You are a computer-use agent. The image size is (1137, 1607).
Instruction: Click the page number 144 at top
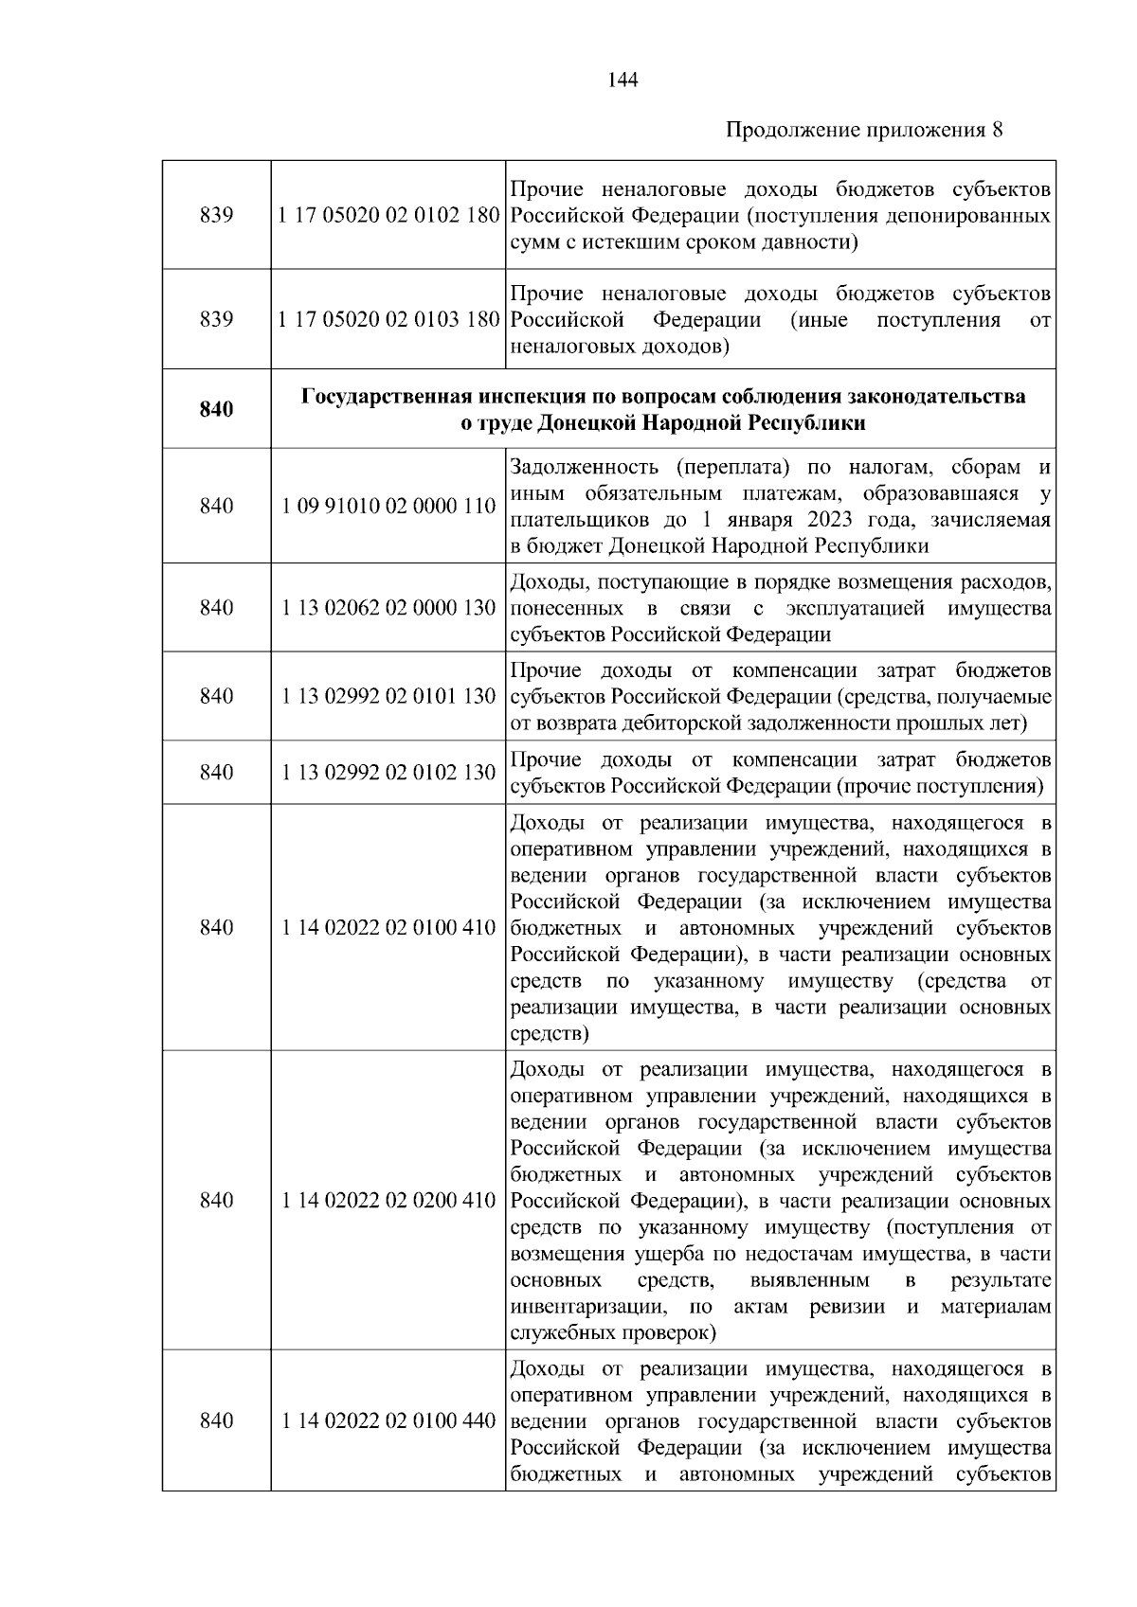[x=622, y=80]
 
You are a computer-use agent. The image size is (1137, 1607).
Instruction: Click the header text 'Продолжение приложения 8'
[x=863, y=130]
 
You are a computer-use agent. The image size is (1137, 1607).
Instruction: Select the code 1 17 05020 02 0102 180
[x=388, y=215]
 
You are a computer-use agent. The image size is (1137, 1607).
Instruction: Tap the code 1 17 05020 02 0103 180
[x=388, y=320]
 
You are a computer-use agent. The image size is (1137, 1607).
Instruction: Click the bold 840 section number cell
[x=216, y=409]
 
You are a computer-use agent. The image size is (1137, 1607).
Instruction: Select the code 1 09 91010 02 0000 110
[x=388, y=506]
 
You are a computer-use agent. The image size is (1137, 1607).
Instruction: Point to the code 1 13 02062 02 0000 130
[x=388, y=607]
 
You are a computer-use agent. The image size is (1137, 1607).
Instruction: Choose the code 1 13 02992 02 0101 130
[x=388, y=696]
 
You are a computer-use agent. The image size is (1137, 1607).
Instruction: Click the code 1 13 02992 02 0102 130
[x=388, y=773]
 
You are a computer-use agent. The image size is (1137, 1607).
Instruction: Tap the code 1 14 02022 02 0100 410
[x=388, y=927]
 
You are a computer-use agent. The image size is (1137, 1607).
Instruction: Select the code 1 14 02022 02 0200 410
[x=388, y=1200]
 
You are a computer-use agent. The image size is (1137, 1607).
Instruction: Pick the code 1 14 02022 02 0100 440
[x=388, y=1420]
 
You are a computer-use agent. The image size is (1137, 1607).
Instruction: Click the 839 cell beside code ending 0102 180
[x=216, y=215]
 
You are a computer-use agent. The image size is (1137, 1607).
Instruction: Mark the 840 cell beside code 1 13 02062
[x=216, y=607]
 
